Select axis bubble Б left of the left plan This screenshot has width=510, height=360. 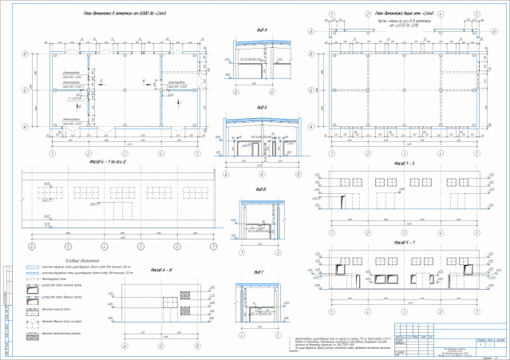(26, 90)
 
